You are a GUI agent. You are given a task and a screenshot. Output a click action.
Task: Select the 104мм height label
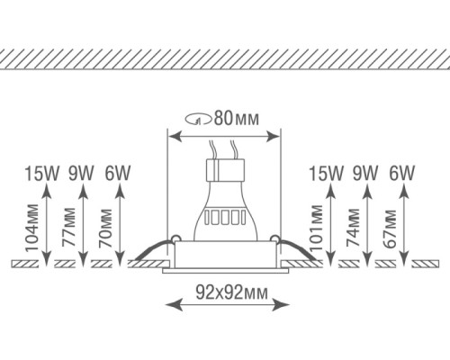tap(33, 229)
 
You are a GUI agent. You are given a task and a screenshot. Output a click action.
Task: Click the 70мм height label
tap(106, 229)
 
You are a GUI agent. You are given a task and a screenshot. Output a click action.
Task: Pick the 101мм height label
tap(316, 229)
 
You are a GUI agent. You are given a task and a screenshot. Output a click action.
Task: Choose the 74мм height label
tap(354, 229)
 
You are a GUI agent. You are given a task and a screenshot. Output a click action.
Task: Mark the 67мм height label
tap(391, 229)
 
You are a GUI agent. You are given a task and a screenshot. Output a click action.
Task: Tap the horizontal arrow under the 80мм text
tap(224, 136)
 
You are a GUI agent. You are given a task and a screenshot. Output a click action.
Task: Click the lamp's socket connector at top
tap(224, 169)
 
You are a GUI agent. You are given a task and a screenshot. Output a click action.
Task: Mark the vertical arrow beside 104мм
tap(46, 220)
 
